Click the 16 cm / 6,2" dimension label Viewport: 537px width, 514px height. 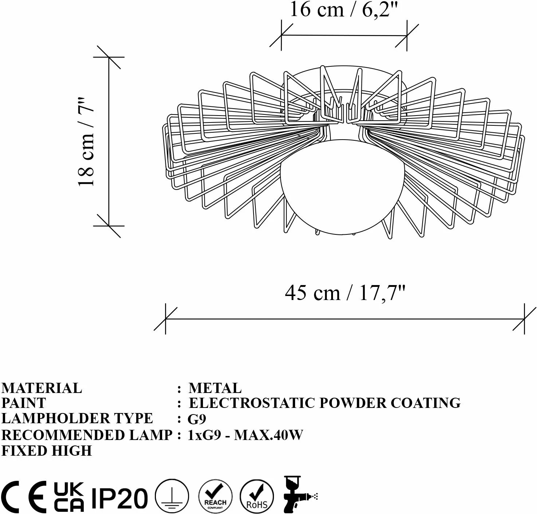(343, 10)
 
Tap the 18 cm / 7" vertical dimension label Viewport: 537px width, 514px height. (86, 142)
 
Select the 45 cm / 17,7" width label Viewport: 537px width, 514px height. (345, 293)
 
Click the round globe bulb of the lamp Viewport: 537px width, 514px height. (342, 186)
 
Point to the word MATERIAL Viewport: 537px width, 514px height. (42, 388)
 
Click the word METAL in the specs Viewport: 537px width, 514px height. (215, 388)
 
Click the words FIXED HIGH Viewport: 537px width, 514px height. (47, 451)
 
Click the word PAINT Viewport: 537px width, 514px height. (24, 403)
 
